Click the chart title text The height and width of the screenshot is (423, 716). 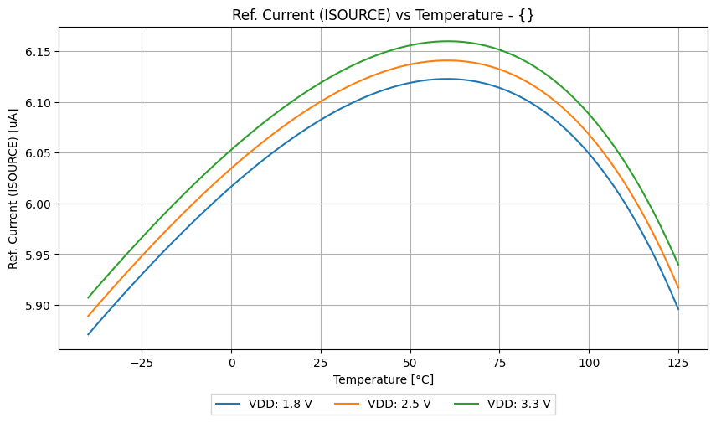383,14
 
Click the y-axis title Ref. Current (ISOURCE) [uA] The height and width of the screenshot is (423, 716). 13,188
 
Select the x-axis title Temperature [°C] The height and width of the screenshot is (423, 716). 383,379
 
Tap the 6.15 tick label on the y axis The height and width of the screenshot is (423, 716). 39,52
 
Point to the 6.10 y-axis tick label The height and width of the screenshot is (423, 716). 39,103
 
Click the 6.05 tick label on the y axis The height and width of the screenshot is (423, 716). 39,153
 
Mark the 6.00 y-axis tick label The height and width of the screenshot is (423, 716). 39,204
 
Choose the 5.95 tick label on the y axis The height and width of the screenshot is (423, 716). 39,255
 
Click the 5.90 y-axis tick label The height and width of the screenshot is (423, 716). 39,306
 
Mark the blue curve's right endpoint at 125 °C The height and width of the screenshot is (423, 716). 678,309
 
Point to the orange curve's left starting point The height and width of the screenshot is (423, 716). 88,317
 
